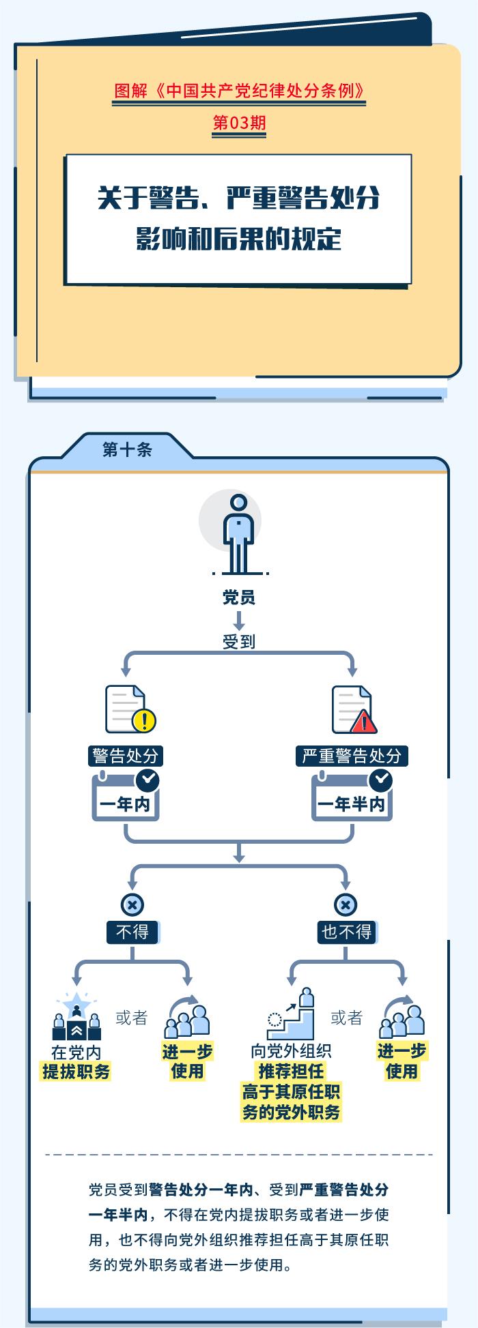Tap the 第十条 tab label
pyautogui.click(x=127, y=449)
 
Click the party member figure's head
pyautogui.click(x=238, y=504)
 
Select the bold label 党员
pyautogui.click(x=238, y=598)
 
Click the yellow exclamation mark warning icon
pyautogui.click(x=144, y=720)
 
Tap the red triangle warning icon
pyautogui.click(x=363, y=721)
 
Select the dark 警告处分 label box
pyautogui.click(x=126, y=756)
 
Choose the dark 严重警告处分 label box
pyautogui.click(x=352, y=756)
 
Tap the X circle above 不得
pyautogui.click(x=132, y=905)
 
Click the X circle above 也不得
pyautogui.click(x=346, y=905)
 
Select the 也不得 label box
pyautogui.click(x=346, y=932)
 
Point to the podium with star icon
pyautogui.click(x=76, y=1016)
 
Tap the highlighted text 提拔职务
pyautogui.click(x=76, y=1072)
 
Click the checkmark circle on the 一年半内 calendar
pyautogui.click(x=380, y=778)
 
